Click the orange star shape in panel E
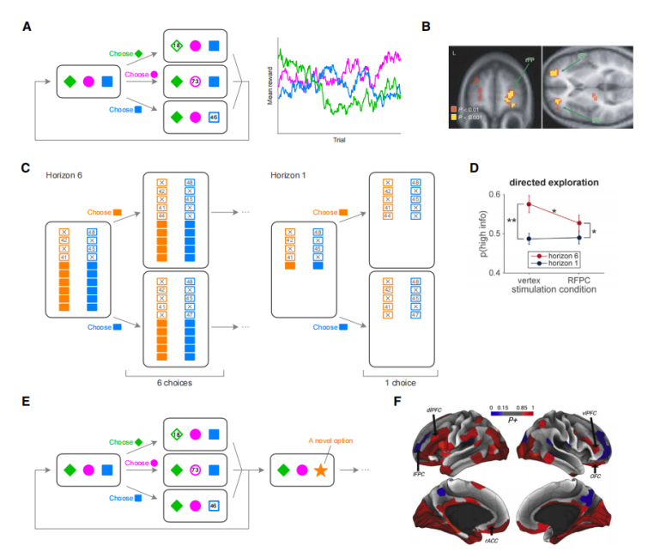click(x=323, y=470)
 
